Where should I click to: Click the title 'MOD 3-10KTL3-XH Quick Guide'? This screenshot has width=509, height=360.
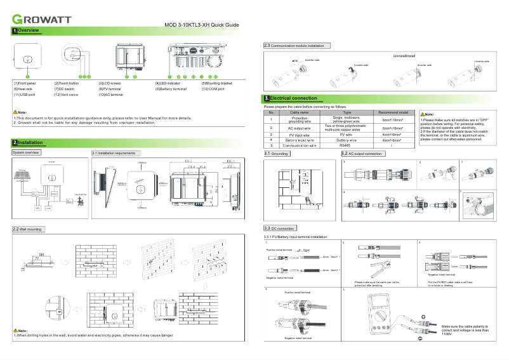[202, 25]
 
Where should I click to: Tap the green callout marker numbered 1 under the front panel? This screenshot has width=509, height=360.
[27, 76]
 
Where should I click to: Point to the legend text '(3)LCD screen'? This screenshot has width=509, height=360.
[109, 83]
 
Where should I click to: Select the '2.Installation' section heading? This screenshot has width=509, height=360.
[27, 143]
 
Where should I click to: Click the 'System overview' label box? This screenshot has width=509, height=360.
[27, 153]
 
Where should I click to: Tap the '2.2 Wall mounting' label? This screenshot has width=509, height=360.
[28, 228]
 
